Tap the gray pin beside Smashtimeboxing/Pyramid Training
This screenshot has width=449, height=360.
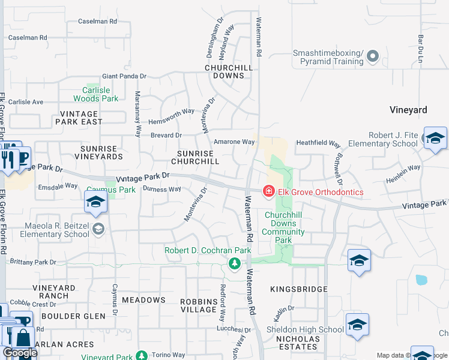373,57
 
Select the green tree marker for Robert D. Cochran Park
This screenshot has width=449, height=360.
235,263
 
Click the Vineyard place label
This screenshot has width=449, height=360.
408,110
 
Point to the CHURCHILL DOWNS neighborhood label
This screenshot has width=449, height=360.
228,71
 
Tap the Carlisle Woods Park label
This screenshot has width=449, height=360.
96,94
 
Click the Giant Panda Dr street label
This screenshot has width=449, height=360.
124,76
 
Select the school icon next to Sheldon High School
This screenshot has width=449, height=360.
357,325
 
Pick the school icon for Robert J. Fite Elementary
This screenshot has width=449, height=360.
435,138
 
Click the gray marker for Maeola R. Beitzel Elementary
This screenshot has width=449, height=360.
98,228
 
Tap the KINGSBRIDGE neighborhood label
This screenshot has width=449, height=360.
298,289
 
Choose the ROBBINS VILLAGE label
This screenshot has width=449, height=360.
199,305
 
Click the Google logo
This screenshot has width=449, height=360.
20,353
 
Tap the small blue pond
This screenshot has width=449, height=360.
421,280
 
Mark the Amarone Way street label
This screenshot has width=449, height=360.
235,142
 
